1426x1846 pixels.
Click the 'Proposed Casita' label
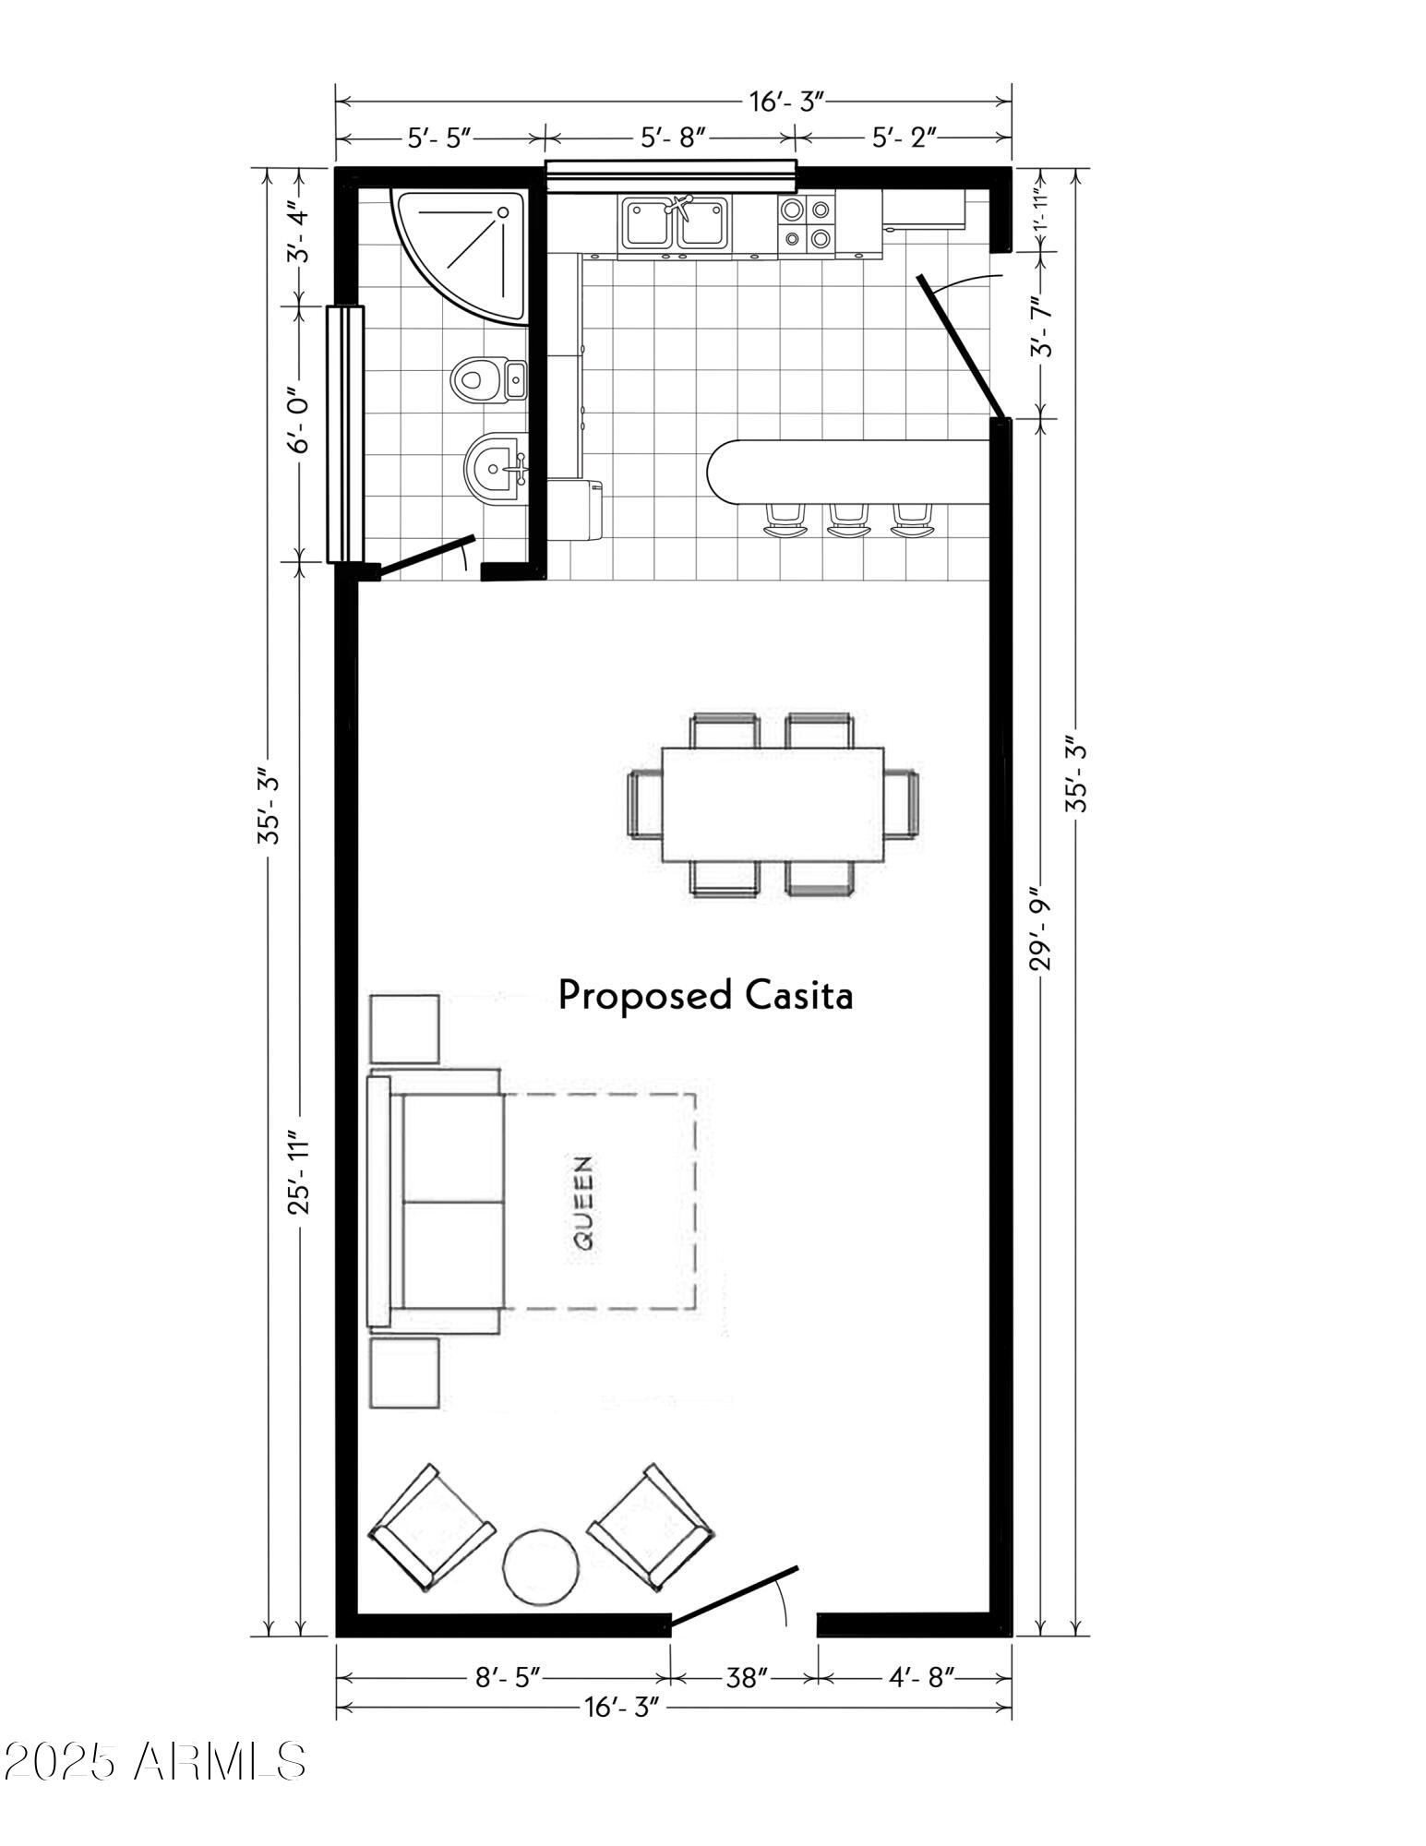(x=705, y=996)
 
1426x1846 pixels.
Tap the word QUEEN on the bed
(x=584, y=1203)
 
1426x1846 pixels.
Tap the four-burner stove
(x=807, y=224)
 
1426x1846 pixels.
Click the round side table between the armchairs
(x=542, y=1567)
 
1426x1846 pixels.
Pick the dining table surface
(x=773, y=804)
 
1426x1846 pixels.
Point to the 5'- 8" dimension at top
(x=674, y=138)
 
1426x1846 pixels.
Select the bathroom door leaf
(x=427, y=557)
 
